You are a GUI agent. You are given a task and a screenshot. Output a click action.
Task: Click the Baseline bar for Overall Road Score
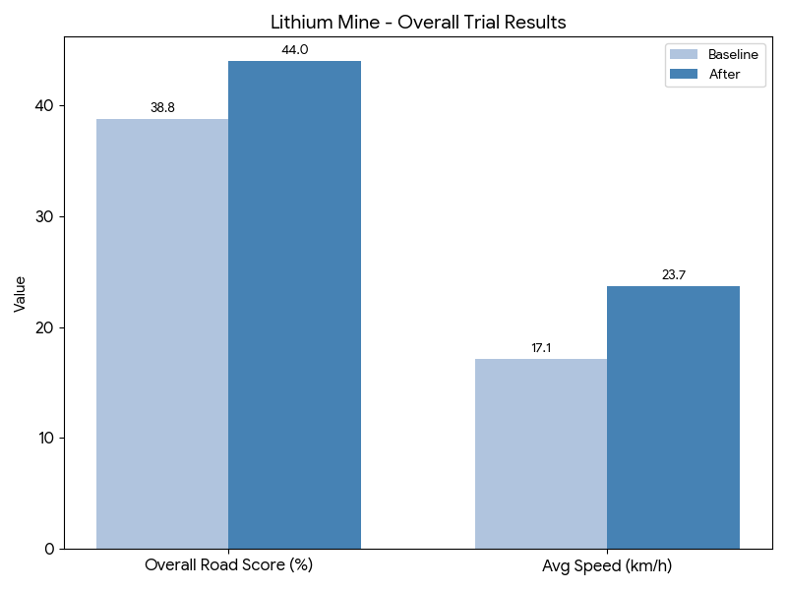coord(162,334)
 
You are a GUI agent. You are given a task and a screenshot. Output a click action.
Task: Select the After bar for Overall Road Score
coord(294,305)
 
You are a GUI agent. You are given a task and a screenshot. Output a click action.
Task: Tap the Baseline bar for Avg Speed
coord(541,453)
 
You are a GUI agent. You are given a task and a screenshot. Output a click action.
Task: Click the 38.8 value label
coord(162,108)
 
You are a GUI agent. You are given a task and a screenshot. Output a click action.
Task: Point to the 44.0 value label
coord(294,50)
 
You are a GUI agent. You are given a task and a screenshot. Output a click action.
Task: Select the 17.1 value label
coord(541,348)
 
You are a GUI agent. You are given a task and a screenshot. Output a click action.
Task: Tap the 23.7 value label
coord(673,275)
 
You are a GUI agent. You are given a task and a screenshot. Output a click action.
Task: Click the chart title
coord(418,22)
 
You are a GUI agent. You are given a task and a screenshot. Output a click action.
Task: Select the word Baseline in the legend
coord(733,55)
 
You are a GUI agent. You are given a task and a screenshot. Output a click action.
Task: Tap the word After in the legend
coord(724,74)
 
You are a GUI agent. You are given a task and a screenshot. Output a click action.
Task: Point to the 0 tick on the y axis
coord(49,549)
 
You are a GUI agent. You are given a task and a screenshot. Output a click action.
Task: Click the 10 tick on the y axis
coord(45,438)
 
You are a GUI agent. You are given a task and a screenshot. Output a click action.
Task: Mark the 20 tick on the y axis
coord(45,327)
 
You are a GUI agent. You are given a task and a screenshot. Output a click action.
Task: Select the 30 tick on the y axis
coord(45,216)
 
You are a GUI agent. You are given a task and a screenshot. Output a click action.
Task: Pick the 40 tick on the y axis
coord(45,106)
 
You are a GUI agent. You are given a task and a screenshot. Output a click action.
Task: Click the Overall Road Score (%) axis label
coord(228,566)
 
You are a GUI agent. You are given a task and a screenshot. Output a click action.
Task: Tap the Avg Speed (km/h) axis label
coord(607,566)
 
